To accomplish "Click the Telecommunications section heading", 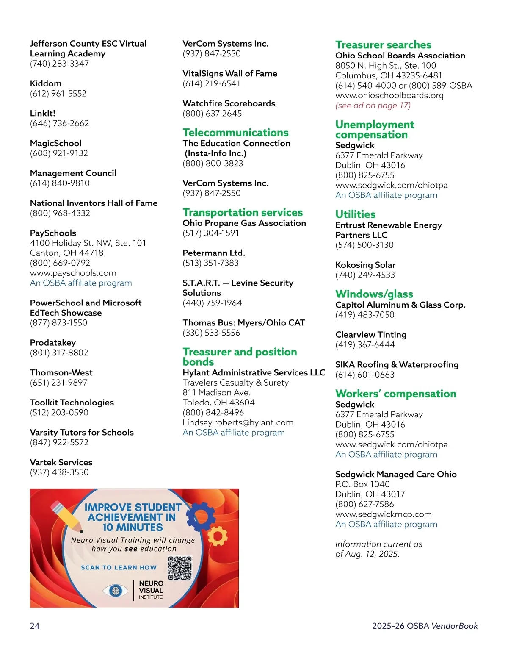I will [235, 133].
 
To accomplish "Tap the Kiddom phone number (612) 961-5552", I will [58, 94].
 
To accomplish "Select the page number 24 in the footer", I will [35, 626].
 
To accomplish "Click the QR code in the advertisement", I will [180, 568].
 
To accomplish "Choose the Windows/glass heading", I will [374, 294].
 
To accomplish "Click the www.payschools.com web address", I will [73, 273].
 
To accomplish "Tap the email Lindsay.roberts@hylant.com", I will [237, 422].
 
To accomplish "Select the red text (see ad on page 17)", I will [373, 106].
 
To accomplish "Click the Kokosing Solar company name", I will [365, 265].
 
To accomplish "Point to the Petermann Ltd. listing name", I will [213, 253].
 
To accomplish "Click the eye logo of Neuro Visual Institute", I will [115, 590].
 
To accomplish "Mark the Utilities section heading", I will [355, 214].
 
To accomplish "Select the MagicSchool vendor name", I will [55, 143].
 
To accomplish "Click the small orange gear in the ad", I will [217, 536].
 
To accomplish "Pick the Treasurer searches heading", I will [383, 45].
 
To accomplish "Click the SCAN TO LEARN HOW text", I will [119, 567].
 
